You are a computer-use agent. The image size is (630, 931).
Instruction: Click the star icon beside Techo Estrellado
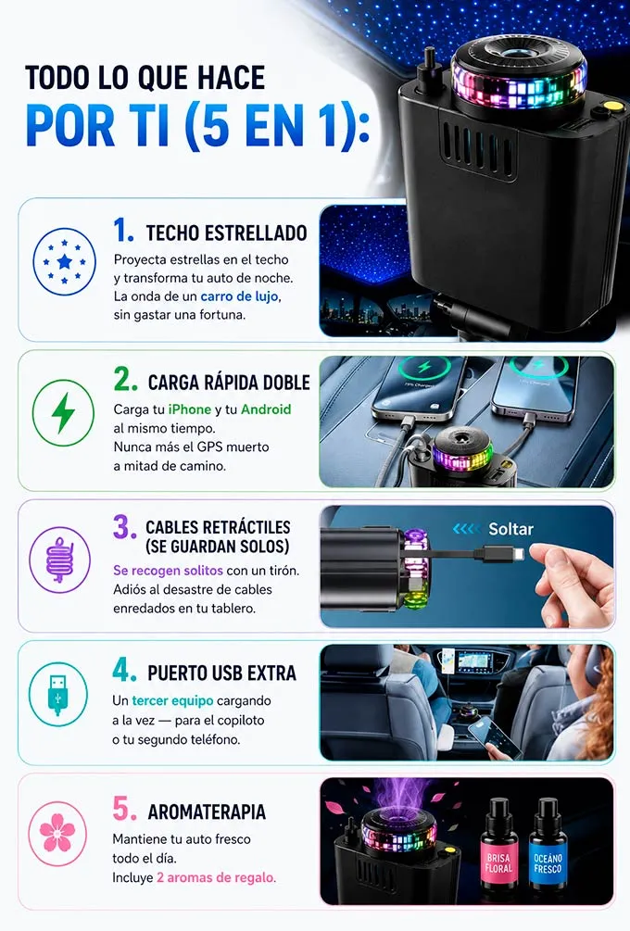pyautogui.click(x=64, y=262)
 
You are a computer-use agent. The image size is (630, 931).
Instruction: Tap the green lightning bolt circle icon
pyautogui.click(x=63, y=412)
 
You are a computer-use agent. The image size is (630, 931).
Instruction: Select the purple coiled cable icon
pyautogui.click(x=60, y=560)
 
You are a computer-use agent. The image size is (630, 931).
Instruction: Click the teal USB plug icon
pyautogui.click(x=57, y=695)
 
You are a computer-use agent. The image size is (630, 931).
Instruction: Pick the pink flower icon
pyautogui.click(x=57, y=833)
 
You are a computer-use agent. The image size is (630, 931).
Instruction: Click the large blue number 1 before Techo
pyautogui.click(x=123, y=230)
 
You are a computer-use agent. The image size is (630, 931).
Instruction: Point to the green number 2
pyautogui.click(x=125, y=379)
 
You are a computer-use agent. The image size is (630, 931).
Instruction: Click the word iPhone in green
pyautogui.click(x=189, y=409)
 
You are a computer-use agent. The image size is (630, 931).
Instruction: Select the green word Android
pyautogui.click(x=265, y=409)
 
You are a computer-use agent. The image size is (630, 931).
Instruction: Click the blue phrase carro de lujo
pyautogui.click(x=239, y=296)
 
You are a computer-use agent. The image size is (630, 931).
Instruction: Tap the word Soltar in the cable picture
pyautogui.click(x=510, y=529)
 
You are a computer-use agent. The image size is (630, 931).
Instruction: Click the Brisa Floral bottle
pyautogui.click(x=498, y=846)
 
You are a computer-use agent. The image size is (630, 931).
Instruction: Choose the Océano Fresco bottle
pyautogui.click(x=548, y=846)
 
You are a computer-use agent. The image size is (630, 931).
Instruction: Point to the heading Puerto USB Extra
pyautogui.click(x=221, y=673)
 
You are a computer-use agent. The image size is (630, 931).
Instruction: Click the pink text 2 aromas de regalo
pyautogui.click(x=216, y=877)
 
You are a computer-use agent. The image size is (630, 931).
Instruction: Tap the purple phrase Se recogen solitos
pyautogui.click(x=168, y=571)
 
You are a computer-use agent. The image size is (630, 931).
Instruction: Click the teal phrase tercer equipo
pyautogui.click(x=172, y=700)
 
